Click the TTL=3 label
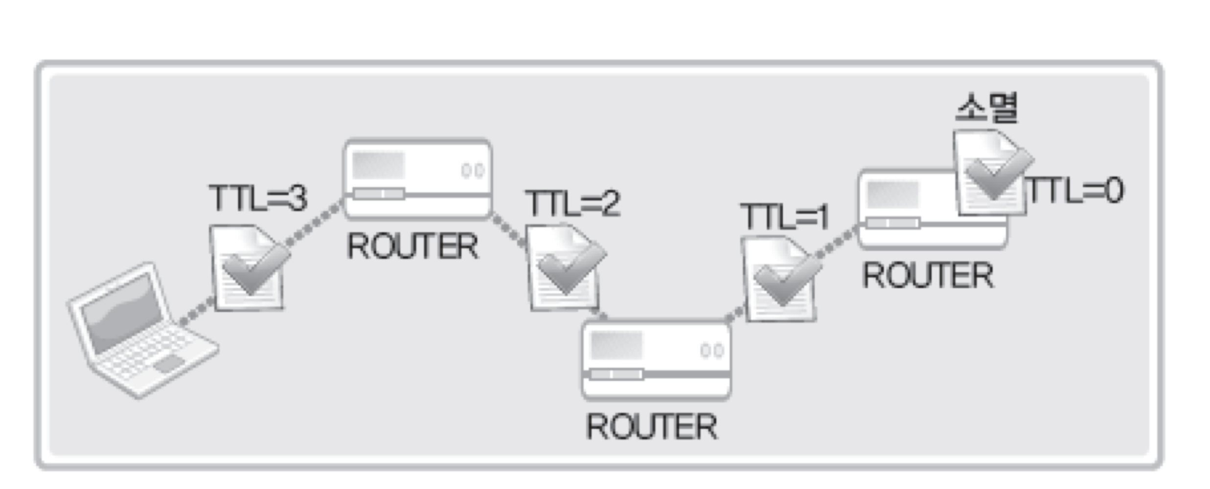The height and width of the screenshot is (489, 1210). click(x=258, y=198)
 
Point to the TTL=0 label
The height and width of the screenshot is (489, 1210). click(x=1074, y=190)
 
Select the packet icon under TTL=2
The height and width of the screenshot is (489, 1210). click(x=564, y=268)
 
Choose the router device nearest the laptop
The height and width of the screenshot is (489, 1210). click(x=417, y=179)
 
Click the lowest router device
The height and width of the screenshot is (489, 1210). click(x=656, y=359)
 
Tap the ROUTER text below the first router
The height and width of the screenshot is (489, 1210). click(x=412, y=246)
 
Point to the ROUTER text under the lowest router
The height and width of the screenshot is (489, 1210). click(x=651, y=426)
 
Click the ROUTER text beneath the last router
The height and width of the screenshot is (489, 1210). click(x=928, y=275)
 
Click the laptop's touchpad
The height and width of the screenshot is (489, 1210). click(x=169, y=363)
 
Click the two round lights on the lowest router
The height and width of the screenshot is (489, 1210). click(x=711, y=351)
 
